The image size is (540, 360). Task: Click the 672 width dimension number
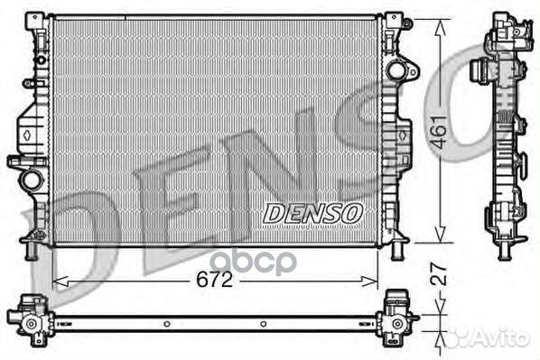tap(214, 280)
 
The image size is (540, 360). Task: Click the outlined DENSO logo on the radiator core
tap(312, 213)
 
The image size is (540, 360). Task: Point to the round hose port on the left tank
tap(32, 179)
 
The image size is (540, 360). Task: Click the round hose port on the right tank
tap(396, 69)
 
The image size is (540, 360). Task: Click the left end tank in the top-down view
tap(29, 318)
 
